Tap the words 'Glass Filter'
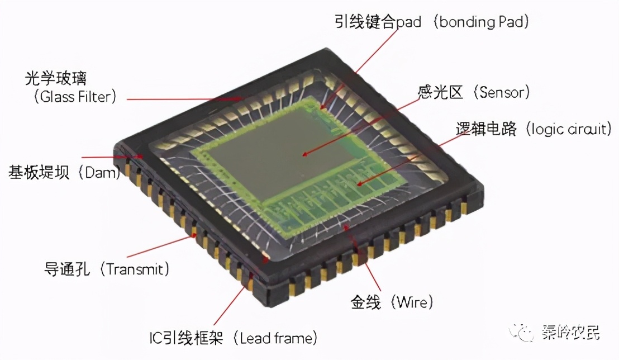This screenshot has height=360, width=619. pyautogui.click(x=75, y=96)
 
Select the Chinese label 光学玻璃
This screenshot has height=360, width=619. pyautogui.click(x=56, y=78)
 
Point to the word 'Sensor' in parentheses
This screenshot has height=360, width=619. pyautogui.click(x=501, y=92)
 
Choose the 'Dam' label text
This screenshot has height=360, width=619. pyautogui.click(x=100, y=172)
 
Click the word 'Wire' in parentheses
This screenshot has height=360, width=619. pyautogui.click(x=412, y=302)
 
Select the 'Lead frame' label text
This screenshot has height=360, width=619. pyautogui.click(x=275, y=338)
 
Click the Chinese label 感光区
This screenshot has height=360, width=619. pyautogui.click(x=440, y=92)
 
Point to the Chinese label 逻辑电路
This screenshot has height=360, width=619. pyautogui.click(x=486, y=129)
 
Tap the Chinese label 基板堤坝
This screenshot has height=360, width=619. pyautogui.click(x=39, y=172)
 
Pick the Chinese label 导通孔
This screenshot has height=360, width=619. pyautogui.click(x=66, y=269)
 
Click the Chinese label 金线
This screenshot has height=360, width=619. pyautogui.click(x=365, y=302)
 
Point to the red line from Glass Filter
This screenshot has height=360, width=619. pyautogui.click(x=184, y=99)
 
